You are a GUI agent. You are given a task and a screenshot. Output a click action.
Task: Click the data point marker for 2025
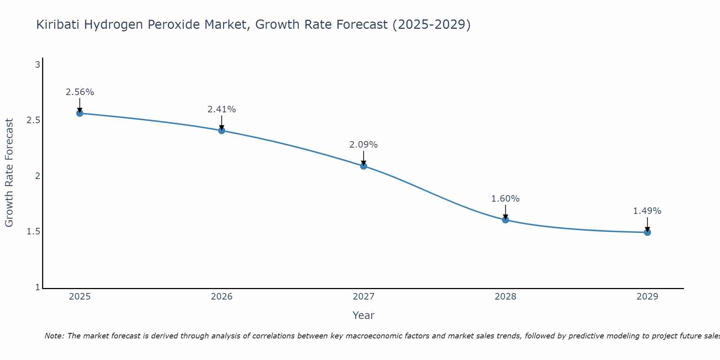tap(80, 113)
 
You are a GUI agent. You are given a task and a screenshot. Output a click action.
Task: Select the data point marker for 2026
tap(222, 130)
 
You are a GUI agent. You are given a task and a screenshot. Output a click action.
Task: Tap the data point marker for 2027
tap(364, 166)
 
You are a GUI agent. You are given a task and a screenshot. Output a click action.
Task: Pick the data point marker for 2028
tap(505, 220)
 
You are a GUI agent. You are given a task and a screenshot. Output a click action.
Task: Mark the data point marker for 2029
tap(647, 232)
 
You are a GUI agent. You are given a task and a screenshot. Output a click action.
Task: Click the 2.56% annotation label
tap(80, 92)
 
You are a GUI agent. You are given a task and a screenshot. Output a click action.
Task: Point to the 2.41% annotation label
tap(222, 109)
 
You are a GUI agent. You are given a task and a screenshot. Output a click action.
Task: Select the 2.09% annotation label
tap(364, 145)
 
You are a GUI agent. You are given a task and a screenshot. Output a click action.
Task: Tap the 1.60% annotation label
tap(505, 199)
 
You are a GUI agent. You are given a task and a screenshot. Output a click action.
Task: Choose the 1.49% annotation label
tap(647, 211)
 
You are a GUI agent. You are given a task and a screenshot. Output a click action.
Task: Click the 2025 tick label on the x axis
tap(80, 297)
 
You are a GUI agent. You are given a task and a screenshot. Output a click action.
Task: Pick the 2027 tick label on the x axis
tap(364, 297)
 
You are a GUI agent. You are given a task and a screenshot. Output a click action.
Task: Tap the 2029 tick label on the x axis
tap(647, 297)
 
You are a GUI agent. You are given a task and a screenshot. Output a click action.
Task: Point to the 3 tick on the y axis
tap(37, 65)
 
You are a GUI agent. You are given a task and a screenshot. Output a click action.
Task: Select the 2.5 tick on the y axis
tap(33, 120)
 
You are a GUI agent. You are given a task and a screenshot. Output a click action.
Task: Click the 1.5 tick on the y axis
tap(33, 231)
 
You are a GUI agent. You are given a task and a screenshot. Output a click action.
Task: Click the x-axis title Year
tap(364, 315)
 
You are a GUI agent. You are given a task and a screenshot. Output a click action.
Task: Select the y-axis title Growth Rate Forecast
tap(9, 173)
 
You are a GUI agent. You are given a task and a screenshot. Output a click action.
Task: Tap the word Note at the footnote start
tap(54, 336)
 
